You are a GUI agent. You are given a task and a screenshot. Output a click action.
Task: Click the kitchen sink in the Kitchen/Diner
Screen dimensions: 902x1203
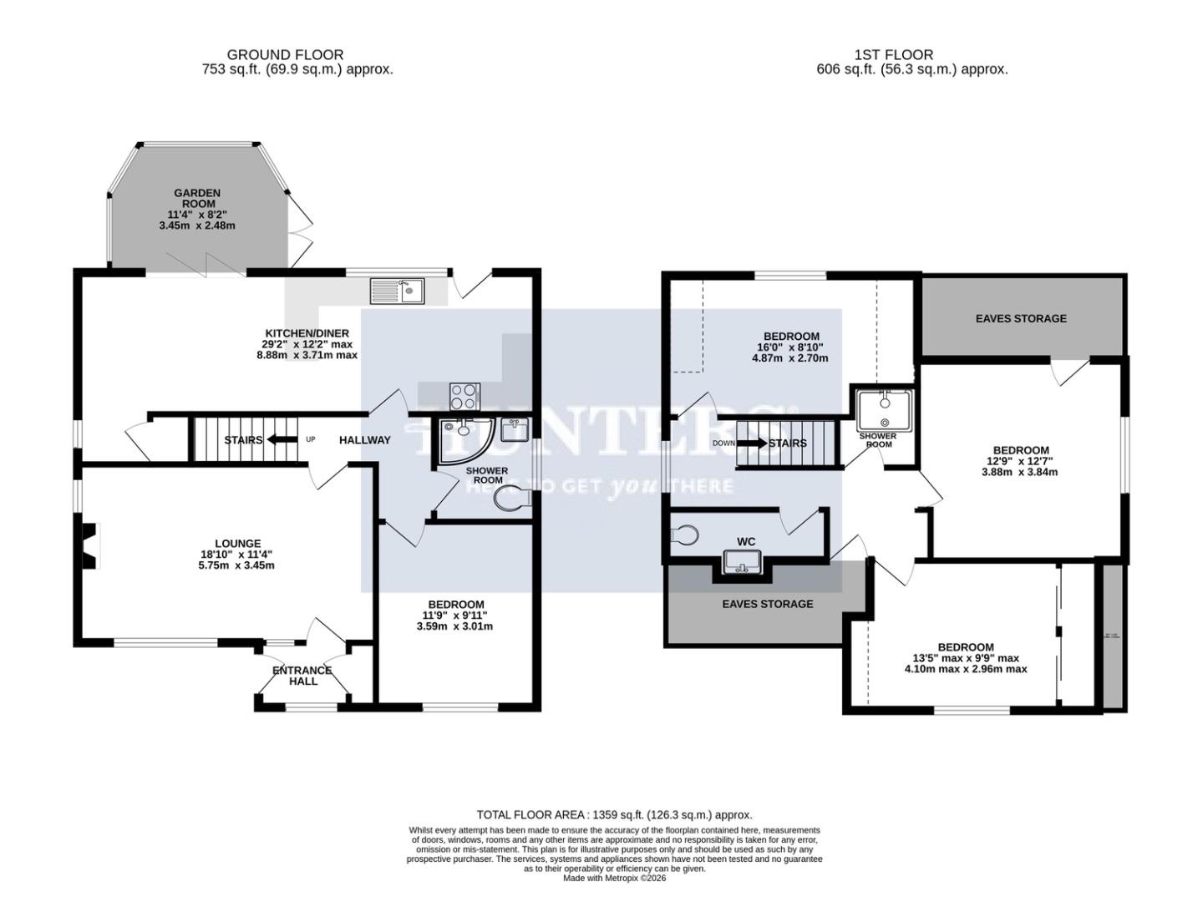tap(398, 291)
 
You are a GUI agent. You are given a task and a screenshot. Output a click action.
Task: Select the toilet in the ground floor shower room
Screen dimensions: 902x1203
tap(512, 499)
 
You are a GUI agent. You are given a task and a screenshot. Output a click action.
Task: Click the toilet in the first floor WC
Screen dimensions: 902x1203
tap(684, 535)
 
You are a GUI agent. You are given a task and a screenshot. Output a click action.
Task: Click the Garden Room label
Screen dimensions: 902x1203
tap(197, 198)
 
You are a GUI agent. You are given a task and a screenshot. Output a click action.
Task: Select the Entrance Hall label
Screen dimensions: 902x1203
tap(302, 676)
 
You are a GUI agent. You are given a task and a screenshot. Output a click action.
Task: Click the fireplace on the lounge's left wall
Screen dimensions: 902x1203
tap(89, 547)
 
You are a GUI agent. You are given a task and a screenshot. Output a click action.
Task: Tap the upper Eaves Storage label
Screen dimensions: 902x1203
tap(1021, 318)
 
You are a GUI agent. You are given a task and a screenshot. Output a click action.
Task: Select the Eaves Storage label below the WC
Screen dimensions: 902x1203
tap(767, 604)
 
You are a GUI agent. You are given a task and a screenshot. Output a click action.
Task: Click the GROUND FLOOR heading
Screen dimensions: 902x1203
tap(285, 55)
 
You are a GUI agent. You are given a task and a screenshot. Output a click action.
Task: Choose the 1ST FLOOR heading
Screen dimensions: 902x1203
tap(893, 55)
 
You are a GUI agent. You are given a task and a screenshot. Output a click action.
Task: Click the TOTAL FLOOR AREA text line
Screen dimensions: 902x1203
tap(614, 814)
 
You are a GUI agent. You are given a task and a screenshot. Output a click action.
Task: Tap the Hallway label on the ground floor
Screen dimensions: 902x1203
tap(364, 440)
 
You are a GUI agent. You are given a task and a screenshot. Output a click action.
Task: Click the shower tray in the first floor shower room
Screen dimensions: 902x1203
tap(882, 408)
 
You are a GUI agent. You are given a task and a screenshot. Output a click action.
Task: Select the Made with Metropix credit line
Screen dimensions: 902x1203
tap(614, 878)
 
